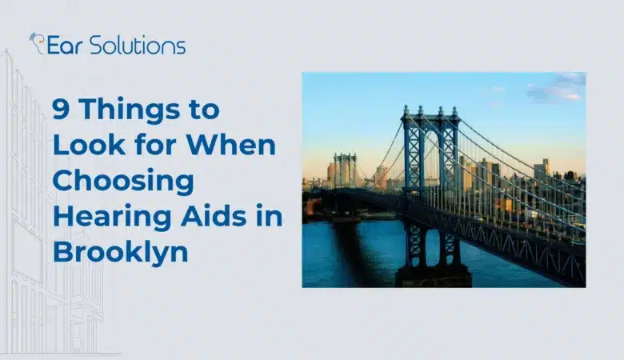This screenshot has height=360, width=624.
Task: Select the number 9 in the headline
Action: [x=61, y=110]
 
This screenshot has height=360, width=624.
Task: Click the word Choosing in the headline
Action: [x=123, y=182]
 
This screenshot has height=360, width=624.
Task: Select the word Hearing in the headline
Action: [x=102, y=216]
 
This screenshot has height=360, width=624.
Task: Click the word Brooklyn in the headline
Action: [x=121, y=251]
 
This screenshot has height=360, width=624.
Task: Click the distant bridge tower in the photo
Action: [x=346, y=170]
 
